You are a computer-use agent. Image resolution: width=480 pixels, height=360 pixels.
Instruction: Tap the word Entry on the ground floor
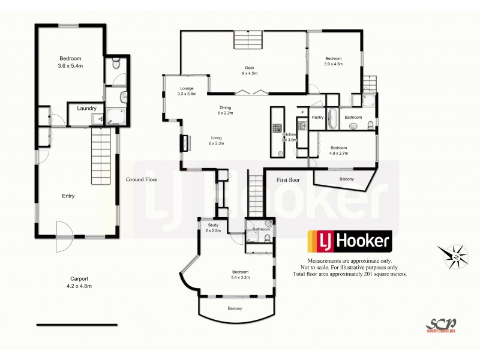[68, 196]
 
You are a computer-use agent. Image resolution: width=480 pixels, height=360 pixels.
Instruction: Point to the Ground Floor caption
[142, 179]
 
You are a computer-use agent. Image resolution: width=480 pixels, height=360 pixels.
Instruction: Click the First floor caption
[287, 179]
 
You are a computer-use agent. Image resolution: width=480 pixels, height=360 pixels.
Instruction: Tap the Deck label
[250, 68]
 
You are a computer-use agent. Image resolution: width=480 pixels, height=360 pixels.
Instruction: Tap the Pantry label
[318, 118]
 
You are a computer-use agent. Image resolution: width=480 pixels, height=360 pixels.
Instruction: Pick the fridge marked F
[303, 112]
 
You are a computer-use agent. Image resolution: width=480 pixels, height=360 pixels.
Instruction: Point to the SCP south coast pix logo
[441, 324]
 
